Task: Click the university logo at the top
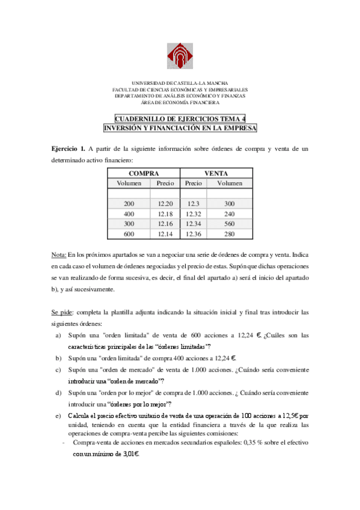[180, 55]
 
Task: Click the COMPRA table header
[144, 173]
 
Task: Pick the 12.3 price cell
[193, 204]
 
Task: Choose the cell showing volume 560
[230, 224]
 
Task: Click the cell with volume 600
[129, 234]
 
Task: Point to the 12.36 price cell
[194, 234]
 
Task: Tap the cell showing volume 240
[230, 214]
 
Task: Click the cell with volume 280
[230, 234]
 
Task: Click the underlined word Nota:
[58, 255]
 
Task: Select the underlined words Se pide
[61, 312]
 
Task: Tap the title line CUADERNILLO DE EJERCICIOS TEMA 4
[180, 119]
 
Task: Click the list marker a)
[58, 335]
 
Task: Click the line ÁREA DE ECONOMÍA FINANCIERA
[180, 102]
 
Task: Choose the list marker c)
[58, 370]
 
